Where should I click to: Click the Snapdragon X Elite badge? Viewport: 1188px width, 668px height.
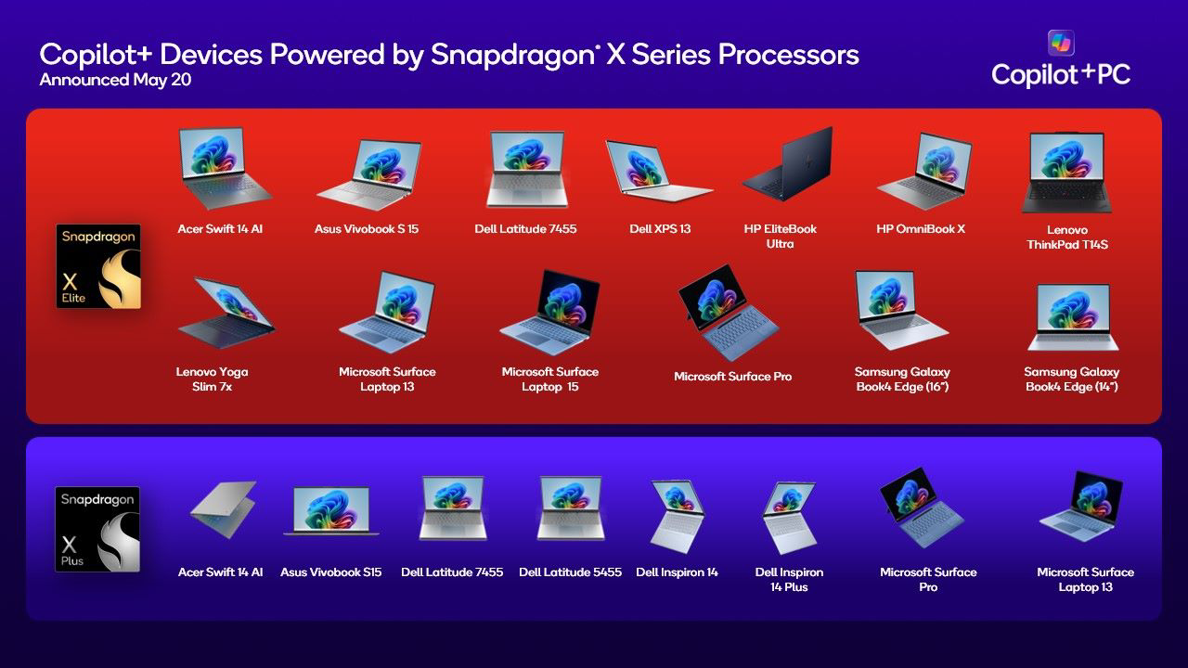click(x=98, y=265)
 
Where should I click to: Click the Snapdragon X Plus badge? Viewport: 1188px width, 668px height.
click(x=97, y=529)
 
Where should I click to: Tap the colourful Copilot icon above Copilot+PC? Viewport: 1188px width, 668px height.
click(x=1060, y=43)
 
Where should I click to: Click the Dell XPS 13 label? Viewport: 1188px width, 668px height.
click(x=660, y=228)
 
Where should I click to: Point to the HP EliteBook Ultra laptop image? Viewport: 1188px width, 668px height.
click(x=787, y=164)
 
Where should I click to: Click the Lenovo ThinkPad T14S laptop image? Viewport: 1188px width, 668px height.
click(x=1066, y=172)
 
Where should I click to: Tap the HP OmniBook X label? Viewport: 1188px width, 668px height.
click(x=921, y=228)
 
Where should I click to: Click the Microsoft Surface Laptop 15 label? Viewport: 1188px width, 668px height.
click(x=550, y=379)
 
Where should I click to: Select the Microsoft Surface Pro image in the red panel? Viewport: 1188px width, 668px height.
click(x=727, y=311)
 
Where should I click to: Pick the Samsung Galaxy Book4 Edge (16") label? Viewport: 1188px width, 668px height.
click(x=902, y=379)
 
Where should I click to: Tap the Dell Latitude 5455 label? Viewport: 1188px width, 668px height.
click(x=570, y=572)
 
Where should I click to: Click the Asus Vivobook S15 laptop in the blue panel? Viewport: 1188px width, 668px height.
click(x=330, y=511)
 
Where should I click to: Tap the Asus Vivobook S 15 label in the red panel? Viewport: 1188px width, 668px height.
click(x=366, y=228)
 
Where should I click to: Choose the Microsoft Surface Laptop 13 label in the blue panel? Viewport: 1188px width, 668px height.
click(x=1085, y=579)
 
